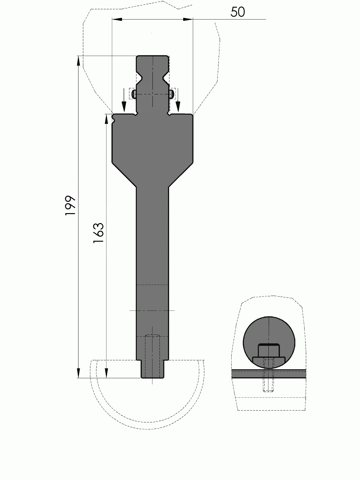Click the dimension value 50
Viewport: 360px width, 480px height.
pos(238,12)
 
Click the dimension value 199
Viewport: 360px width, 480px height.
pos(70,206)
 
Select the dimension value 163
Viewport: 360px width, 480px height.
pos(98,233)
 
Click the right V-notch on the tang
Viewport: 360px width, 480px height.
pos(166,77)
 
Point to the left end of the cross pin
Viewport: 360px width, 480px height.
pos(134,94)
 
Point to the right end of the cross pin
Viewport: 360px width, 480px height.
pos(172,94)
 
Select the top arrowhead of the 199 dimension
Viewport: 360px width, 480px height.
pos(78,61)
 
